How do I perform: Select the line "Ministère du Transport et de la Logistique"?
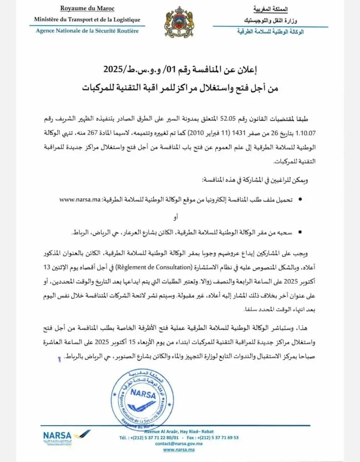[87, 20]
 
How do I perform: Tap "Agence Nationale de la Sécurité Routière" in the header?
[87, 31]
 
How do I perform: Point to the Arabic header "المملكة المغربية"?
[271, 9]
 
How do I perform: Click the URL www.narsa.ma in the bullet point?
[79, 199]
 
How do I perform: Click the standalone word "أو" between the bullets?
[176, 217]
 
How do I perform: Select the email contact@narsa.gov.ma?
[179, 444]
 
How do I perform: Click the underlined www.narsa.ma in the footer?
[179, 450]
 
